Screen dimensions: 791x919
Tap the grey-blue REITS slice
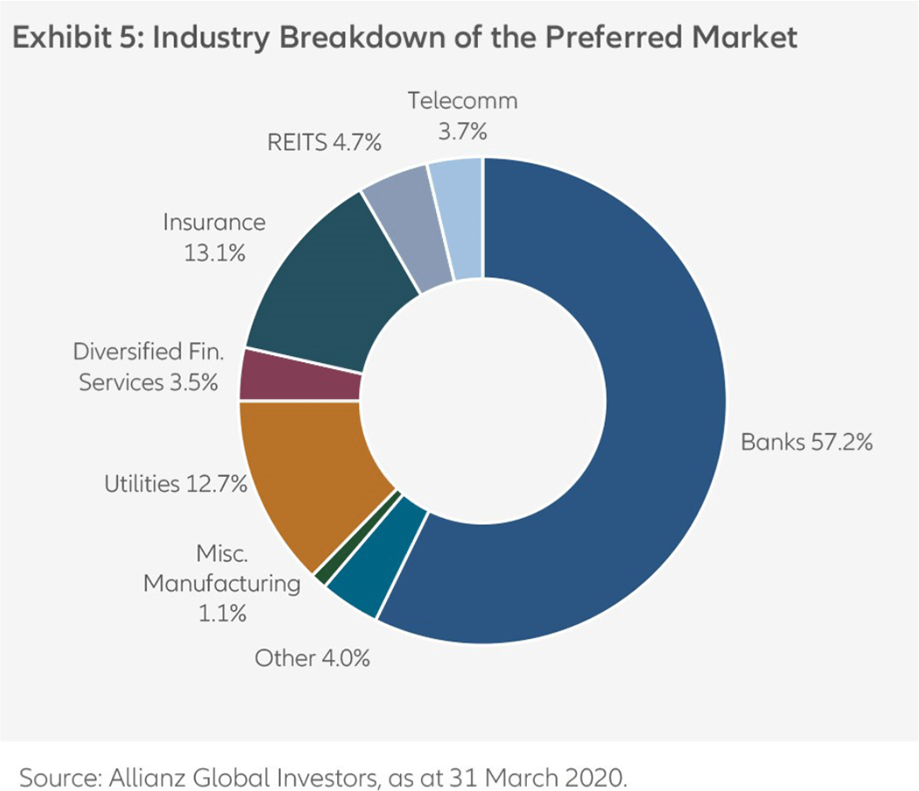[404, 236]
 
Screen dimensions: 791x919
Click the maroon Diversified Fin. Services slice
[299, 374]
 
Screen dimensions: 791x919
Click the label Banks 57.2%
[806, 442]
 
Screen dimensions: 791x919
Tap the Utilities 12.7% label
[175, 483]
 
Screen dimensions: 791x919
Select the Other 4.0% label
[312, 658]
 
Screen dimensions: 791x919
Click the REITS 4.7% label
[324, 143]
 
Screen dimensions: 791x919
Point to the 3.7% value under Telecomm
[462, 132]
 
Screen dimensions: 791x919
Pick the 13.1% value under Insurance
[214, 253]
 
